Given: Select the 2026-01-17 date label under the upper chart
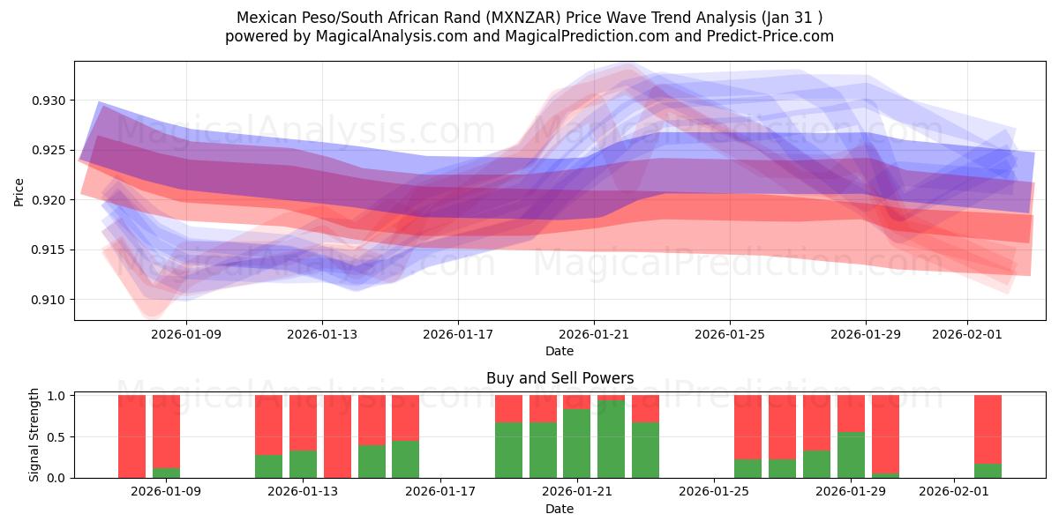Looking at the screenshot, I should [x=457, y=334].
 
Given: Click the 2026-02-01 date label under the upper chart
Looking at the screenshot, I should [x=967, y=334].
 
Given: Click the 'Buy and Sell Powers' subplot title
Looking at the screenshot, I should [x=560, y=378].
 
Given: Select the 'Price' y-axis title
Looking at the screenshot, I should [x=19, y=191].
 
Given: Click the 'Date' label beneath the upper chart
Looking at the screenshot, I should [x=560, y=351].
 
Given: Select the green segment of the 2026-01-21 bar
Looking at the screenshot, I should [x=577, y=443].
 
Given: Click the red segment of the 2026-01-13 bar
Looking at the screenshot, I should [x=303, y=423].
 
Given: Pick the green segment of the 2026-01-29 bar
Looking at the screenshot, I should [x=851, y=455].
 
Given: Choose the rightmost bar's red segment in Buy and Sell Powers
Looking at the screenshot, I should [x=988, y=429].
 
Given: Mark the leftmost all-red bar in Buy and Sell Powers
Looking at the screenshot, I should [x=131, y=436].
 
